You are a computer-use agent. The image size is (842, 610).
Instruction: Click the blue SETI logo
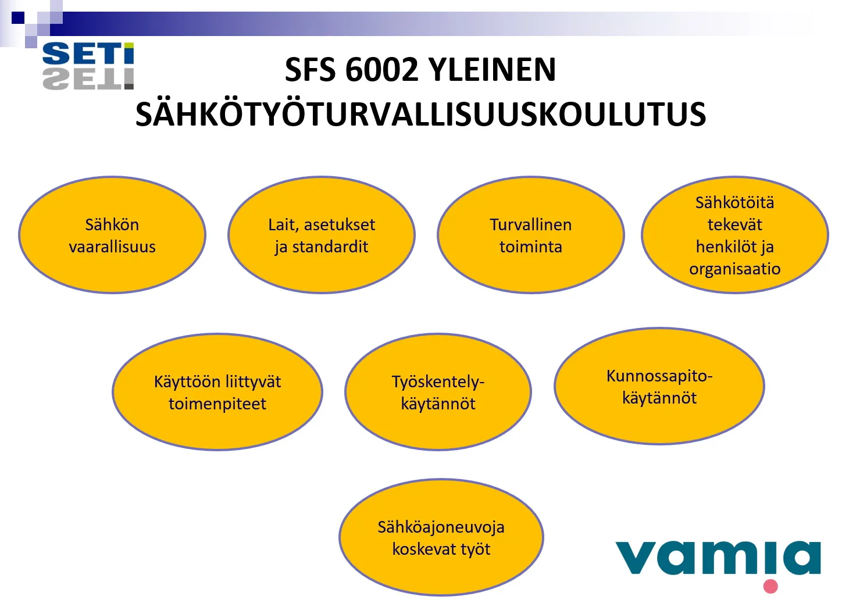click(x=88, y=53)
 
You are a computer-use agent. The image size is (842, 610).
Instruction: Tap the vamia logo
click(x=718, y=562)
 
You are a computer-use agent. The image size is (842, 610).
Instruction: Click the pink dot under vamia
click(x=770, y=586)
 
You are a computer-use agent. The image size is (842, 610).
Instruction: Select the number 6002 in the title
click(x=382, y=70)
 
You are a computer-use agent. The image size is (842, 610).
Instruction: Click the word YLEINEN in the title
click(x=493, y=70)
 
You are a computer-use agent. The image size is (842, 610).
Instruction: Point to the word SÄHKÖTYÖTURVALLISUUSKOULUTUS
click(x=420, y=113)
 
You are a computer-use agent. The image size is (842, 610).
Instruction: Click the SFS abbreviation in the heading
click(x=310, y=70)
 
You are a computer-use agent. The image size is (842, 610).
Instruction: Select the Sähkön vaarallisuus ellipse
click(x=112, y=235)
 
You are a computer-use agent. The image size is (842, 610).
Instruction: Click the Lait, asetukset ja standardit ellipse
click(x=322, y=235)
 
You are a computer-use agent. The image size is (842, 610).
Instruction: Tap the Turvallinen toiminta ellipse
click(x=531, y=235)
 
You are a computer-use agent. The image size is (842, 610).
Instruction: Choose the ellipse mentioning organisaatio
click(x=735, y=235)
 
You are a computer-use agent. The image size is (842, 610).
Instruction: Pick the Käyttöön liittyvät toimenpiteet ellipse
click(x=217, y=391)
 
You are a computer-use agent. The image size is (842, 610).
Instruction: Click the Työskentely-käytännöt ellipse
click(x=438, y=391)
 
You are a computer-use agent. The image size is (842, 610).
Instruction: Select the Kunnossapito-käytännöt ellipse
click(x=659, y=386)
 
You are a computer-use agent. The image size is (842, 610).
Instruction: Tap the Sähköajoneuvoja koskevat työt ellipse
click(x=441, y=537)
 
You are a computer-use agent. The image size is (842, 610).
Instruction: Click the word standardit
click(x=330, y=247)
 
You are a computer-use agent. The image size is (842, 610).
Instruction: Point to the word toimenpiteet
click(x=217, y=404)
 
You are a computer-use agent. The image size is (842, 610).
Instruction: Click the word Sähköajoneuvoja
click(x=441, y=527)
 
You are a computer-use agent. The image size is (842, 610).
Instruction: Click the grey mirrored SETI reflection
click(x=88, y=79)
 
